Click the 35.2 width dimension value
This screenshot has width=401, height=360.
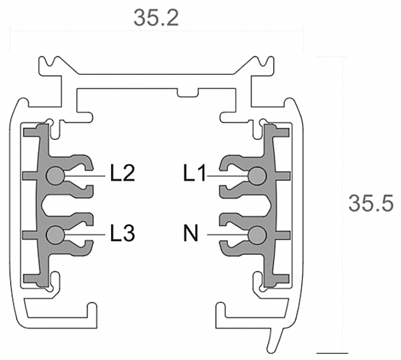[x=156, y=18]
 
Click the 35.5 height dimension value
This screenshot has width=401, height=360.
[x=371, y=203]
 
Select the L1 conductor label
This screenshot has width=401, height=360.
[x=194, y=173]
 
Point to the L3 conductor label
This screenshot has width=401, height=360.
[x=122, y=233]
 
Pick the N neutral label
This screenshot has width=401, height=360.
[x=190, y=233]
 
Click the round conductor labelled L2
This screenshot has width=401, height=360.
[x=55, y=175]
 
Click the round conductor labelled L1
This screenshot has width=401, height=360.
[x=257, y=175]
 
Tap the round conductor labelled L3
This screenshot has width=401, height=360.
[x=55, y=235]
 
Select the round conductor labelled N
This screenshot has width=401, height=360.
[x=257, y=235]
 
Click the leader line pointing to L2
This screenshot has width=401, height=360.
[x=85, y=176]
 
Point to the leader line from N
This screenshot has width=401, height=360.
[x=228, y=235]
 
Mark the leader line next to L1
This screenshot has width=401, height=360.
[x=228, y=176]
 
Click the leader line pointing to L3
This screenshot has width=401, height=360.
[x=85, y=235]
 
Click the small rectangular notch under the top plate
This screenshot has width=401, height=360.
[x=188, y=93]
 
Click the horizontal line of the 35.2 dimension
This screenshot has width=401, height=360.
[x=156, y=31]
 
